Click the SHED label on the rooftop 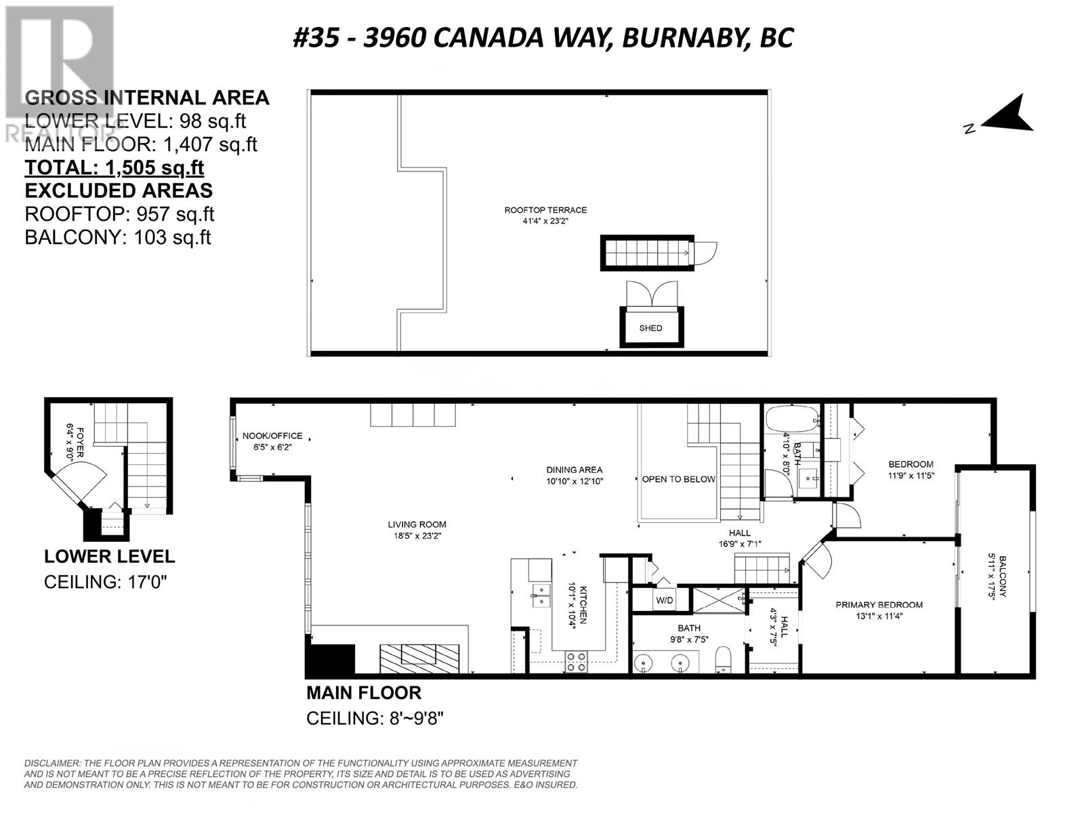650,329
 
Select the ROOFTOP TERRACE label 545,210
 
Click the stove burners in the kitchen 577,662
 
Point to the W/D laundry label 664,601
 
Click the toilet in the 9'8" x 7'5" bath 723,659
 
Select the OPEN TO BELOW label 678,479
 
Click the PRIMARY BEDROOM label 879,605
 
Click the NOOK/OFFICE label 272,436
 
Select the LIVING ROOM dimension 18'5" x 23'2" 417,536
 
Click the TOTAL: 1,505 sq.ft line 114,168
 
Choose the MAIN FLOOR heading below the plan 364,693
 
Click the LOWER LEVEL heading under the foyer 110,557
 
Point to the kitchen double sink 541,596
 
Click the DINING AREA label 575,470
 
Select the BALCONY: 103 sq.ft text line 118,237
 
